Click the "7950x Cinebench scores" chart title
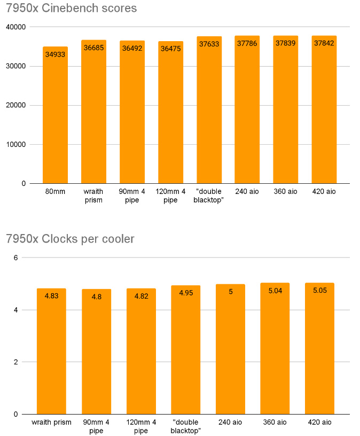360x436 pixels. pos(72,9)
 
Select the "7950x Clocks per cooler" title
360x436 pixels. pos(70,239)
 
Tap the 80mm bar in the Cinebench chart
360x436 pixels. pos(55,118)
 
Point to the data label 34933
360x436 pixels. pos(55,54)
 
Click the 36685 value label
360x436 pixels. pos(93,48)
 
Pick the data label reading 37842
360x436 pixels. pos(324,44)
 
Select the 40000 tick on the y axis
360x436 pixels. pos(15,27)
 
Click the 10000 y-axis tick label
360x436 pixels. pos(15,144)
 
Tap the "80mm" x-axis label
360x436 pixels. pos(55,191)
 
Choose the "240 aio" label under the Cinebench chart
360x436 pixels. pos(247,191)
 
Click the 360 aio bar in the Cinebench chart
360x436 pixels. pos(286,112)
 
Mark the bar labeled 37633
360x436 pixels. pos(209,112)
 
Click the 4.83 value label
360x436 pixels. pos(51,295)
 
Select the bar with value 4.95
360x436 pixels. pos(185,353)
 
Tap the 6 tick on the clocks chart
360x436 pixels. pos(16,258)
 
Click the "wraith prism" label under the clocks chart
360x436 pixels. pos(51,422)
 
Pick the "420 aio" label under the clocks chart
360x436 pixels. pos(319,422)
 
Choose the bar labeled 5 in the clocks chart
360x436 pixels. pos(230,353)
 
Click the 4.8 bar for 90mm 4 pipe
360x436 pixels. pos(96,353)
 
